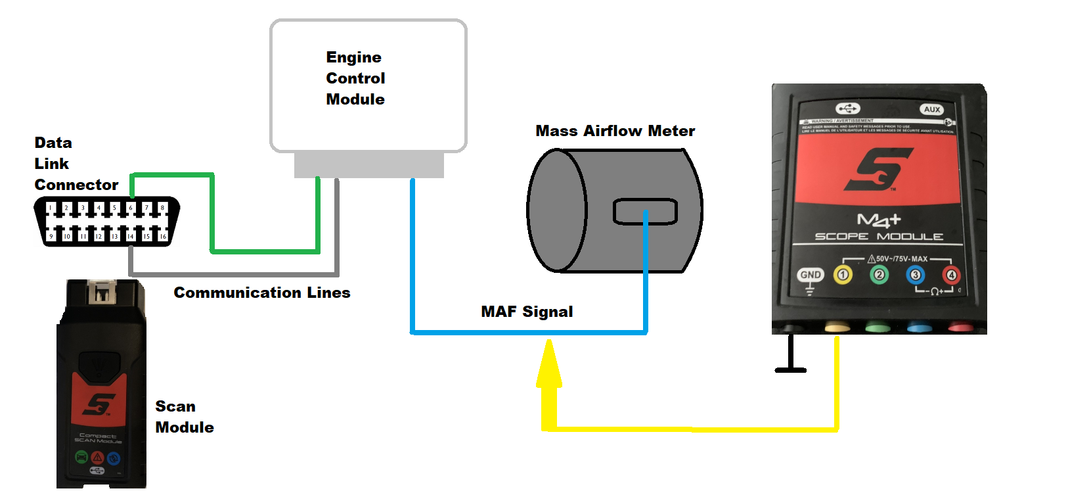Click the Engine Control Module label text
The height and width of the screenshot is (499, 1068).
355,78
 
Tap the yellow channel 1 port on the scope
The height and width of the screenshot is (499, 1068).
843,274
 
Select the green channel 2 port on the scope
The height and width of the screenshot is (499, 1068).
879,274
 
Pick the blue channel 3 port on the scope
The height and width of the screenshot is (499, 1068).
915,274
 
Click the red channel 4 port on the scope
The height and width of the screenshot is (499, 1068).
950,275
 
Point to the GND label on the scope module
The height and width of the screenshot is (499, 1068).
810,275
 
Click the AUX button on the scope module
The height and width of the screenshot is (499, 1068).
932,109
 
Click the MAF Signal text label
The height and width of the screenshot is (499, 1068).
527,312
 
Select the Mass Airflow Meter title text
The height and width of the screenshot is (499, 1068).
615,131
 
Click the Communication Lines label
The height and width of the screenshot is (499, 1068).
261,293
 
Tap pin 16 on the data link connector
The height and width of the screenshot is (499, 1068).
163,236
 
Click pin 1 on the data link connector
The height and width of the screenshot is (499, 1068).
51,208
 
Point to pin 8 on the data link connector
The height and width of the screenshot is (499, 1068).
162,208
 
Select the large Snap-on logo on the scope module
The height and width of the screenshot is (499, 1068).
879,169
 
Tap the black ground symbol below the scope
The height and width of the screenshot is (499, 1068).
791,369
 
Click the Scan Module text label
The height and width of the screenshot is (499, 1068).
184,417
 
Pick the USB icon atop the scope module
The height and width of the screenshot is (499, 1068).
847,108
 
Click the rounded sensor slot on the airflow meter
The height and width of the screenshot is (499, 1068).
645,212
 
